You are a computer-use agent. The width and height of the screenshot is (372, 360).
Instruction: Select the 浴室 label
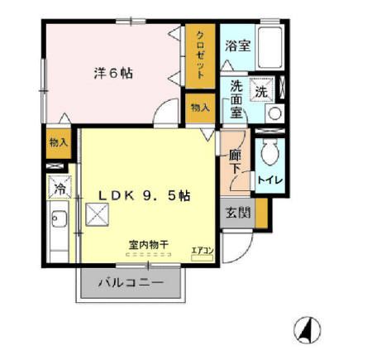(238, 46)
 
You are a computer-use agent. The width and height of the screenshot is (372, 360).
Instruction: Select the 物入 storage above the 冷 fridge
(58, 142)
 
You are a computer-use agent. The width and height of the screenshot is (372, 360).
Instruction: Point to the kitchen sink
(60, 222)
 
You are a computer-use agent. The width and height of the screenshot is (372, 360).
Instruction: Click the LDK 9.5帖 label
(145, 196)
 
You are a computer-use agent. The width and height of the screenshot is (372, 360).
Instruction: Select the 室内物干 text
(148, 245)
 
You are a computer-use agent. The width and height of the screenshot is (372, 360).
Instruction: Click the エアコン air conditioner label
(203, 250)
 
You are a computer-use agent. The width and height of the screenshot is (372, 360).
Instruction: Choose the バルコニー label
(131, 283)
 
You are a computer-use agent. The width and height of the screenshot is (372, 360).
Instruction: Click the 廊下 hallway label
(236, 161)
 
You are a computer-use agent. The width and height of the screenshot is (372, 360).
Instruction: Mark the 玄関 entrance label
(237, 212)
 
